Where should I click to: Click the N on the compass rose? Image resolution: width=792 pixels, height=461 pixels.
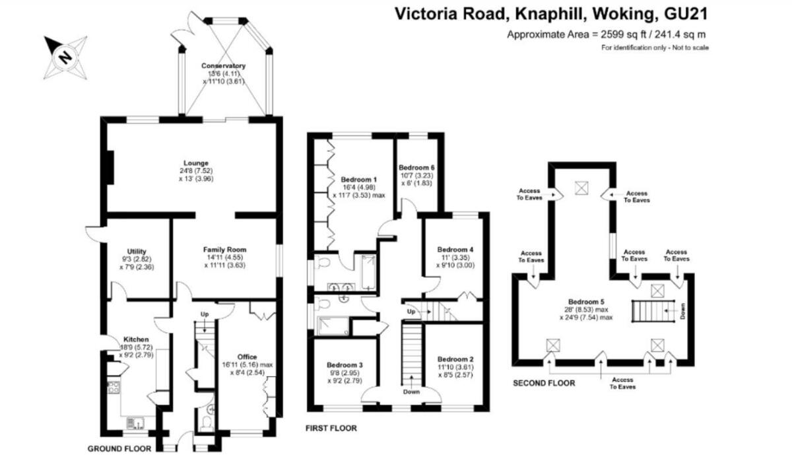pyautogui.click(x=65, y=57)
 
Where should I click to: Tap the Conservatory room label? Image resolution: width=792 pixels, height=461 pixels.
pyautogui.click(x=223, y=66)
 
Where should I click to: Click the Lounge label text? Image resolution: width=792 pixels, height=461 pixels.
pyautogui.click(x=196, y=163)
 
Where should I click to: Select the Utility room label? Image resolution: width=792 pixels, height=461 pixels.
pyautogui.click(x=137, y=251)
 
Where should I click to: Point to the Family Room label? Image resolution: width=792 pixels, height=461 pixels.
pyautogui.click(x=225, y=250)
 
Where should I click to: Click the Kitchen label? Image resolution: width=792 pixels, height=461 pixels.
pyautogui.click(x=136, y=339)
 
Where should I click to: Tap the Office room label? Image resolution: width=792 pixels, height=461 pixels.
pyautogui.click(x=247, y=357)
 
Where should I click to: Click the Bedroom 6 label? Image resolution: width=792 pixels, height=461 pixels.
pyautogui.click(x=416, y=167)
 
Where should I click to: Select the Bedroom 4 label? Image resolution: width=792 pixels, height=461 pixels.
pyautogui.click(x=455, y=250)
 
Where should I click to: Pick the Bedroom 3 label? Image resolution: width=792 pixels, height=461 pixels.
pyautogui.click(x=345, y=365)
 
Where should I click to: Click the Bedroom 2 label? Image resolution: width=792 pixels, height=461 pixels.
pyautogui.click(x=455, y=359)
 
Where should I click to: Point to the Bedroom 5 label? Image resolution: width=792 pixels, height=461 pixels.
pyautogui.click(x=586, y=302)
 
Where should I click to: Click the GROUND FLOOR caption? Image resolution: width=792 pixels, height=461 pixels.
pyautogui.click(x=119, y=448)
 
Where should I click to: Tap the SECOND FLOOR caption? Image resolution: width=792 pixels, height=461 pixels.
pyautogui.click(x=544, y=383)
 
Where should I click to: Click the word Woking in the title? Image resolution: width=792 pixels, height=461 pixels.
pyautogui.click(x=622, y=14)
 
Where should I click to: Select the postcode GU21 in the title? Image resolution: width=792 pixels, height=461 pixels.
pyautogui.click(x=686, y=14)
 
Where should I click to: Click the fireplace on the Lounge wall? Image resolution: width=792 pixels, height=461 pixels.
pyautogui.click(x=110, y=167)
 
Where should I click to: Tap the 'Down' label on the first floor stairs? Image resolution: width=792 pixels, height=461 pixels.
pyautogui.click(x=412, y=392)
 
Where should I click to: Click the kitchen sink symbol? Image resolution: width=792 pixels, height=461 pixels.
pyautogui.click(x=135, y=423)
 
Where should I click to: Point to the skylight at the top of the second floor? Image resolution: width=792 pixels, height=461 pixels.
pyautogui.click(x=581, y=188)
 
